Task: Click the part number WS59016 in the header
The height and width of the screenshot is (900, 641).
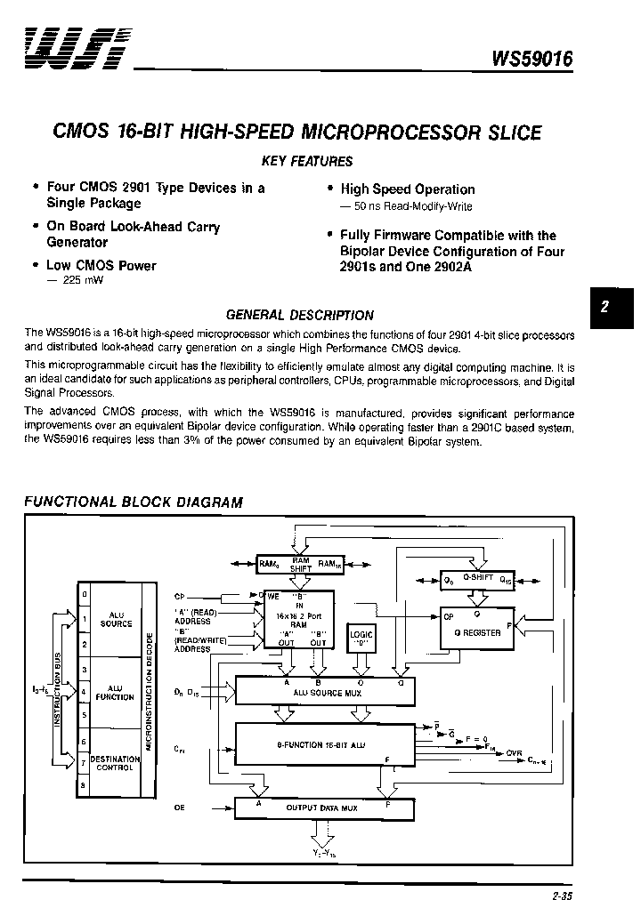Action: pyautogui.click(x=532, y=59)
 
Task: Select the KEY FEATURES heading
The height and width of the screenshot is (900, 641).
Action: pyautogui.click(x=306, y=161)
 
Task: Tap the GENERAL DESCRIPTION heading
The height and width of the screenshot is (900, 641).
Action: pyautogui.click(x=300, y=315)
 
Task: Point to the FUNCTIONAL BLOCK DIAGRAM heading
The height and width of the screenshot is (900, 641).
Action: pyautogui.click(x=133, y=502)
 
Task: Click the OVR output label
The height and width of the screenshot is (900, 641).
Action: pyautogui.click(x=515, y=753)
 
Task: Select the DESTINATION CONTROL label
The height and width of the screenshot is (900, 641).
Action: pyautogui.click(x=115, y=763)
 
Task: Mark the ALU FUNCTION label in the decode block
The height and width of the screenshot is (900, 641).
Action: pyautogui.click(x=115, y=692)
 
